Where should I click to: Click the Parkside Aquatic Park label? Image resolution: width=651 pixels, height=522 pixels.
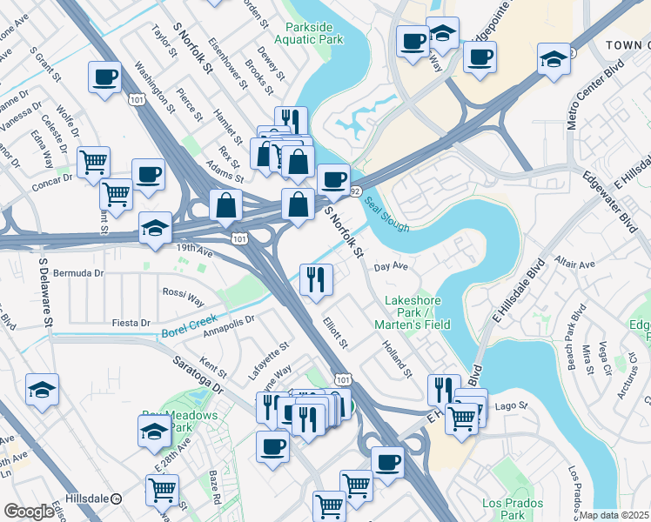coord(309,32)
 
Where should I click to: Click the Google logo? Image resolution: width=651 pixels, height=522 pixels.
coord(29,512)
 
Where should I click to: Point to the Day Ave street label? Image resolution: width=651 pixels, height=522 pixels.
coord(391,266)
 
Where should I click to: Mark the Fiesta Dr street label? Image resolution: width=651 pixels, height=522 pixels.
coord(132,323)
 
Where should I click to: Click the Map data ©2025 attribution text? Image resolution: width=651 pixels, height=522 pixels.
coord(614,515)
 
